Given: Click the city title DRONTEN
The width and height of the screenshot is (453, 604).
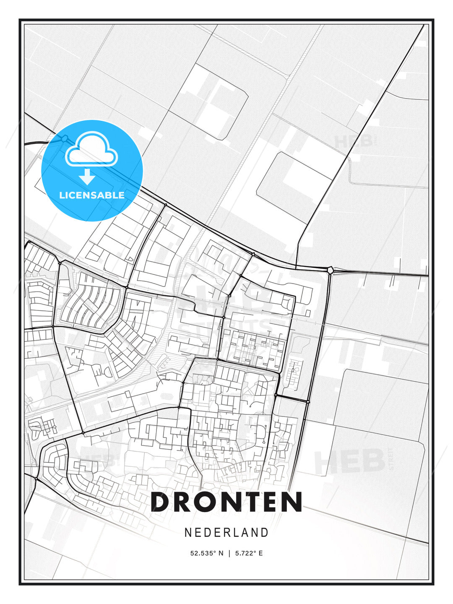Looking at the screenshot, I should point(226,502).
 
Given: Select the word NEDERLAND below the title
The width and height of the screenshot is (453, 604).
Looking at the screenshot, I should point(226,532).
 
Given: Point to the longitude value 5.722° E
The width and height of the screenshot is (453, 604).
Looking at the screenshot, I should point(249,553).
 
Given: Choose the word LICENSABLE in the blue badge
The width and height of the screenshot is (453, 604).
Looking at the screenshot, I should point(92,195).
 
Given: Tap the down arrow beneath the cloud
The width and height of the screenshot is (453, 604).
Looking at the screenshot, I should point(87,177).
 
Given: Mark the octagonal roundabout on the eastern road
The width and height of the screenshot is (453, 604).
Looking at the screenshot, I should point(331,270).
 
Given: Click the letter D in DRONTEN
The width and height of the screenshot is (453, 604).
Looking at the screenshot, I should point(161,502).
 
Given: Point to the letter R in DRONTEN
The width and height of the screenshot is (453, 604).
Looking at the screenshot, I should point(187,502).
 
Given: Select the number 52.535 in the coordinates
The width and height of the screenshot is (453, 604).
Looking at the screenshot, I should point(203,553).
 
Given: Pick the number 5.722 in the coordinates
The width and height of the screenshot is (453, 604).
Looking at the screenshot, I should point(245,553).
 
